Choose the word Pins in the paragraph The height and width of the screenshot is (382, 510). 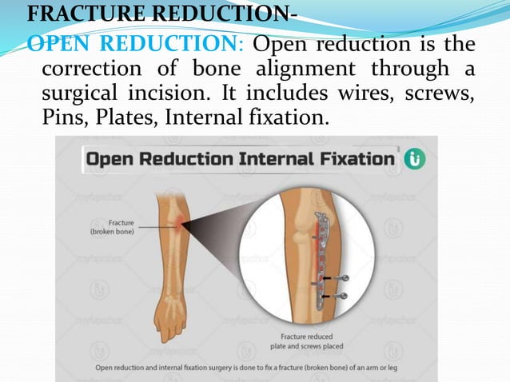point(61,118)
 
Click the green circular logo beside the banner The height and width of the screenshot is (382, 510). point(416,157)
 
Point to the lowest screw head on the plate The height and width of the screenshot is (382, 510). point(344,296)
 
